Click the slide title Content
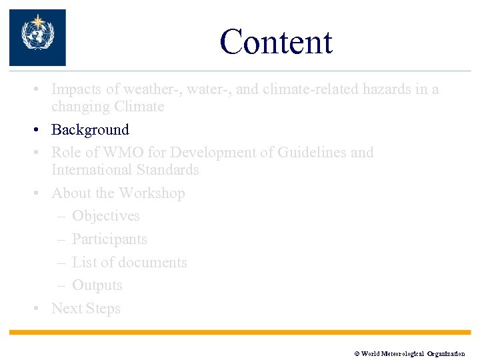coord(275,41)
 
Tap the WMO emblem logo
coord(37,37)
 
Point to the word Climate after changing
coord(139,107)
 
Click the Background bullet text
coord(90,130)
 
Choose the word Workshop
coord(151,193)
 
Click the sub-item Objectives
coord(106,216)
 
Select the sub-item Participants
coord(109,239)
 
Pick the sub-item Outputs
coord(97,285)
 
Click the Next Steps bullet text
coord(86,309)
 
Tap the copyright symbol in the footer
coord(357,353)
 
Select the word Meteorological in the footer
coord(402,353)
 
